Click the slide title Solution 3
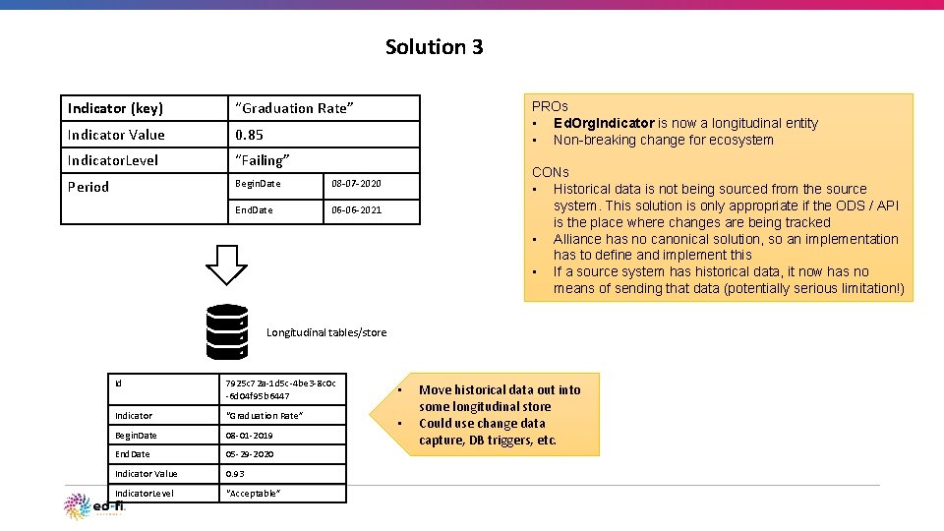point(434,47)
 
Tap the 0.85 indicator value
point(249,135)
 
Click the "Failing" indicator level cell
point(263,160)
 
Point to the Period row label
point(88,187)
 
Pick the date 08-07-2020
point(356,184)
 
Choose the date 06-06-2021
point(356,210)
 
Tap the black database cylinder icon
point(227,331)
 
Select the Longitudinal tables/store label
point(326,332)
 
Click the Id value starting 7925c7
point(280,389)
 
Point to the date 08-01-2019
point(249,436)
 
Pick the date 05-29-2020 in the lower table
point(249,454)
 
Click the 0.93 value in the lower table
point(235,474)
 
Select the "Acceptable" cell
point(254,493)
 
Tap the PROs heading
point(550,106)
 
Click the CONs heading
point(551,172)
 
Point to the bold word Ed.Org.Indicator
point(604,123)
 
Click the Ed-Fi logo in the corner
point(93,505)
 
